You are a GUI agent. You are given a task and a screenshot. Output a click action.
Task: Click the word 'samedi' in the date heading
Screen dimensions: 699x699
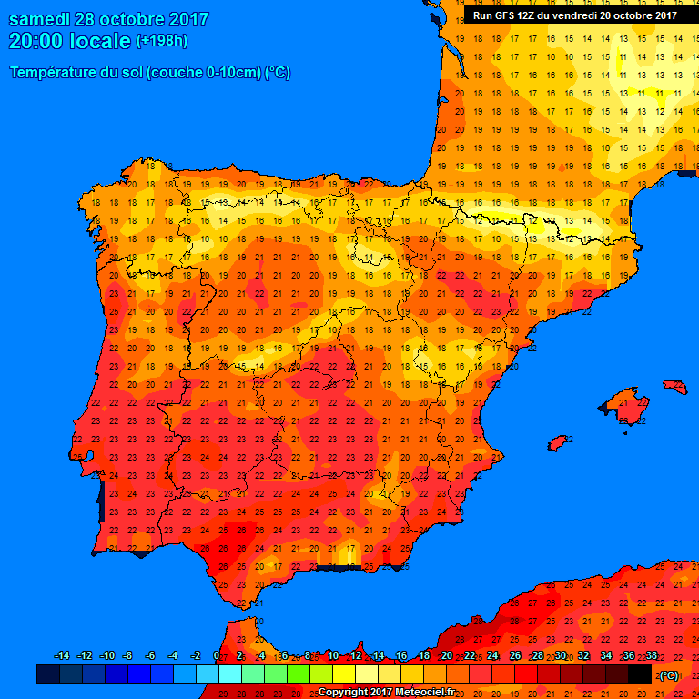click(x=37, y=19)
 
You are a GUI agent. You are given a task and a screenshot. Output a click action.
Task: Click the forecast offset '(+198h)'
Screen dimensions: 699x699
click(x=162, y=41)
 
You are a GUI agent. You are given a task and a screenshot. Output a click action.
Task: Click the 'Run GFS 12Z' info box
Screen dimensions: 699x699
click(x=574, y=15)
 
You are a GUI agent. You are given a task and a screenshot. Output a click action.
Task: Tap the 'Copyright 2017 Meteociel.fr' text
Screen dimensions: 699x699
click(x=386, y=692)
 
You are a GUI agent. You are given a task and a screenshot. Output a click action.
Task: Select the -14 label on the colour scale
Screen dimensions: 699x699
click(x=62, y=656)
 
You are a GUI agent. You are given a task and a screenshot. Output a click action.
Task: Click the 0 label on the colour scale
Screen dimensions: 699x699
click(x=216, y=656)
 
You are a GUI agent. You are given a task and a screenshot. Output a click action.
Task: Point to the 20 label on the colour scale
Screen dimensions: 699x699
click(x=446, y=656)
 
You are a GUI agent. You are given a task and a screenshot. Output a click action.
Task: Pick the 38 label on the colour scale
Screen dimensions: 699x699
click(x=651, y=656)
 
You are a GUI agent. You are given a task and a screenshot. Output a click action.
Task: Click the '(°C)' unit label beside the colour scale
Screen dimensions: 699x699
click(x=669, y=675)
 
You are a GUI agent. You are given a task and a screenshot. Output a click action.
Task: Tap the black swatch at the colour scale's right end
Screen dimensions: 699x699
click(x=640, y=674)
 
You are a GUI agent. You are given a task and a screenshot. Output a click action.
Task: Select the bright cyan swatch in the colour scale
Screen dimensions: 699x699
click(x=230, y=674)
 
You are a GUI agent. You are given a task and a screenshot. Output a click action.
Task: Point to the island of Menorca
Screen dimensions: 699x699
click(x=675, y=387)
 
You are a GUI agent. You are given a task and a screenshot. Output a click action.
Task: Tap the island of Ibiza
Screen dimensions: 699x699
click(x=560, y=442)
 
